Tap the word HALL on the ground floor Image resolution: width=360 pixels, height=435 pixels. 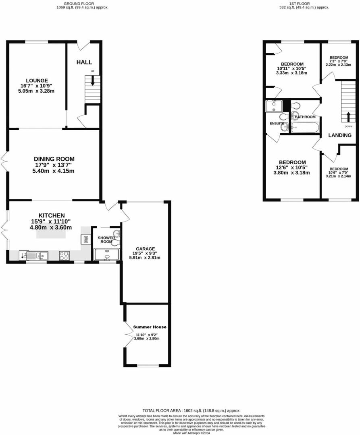[84, 62]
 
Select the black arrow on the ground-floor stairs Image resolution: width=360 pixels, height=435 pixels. [93, 80]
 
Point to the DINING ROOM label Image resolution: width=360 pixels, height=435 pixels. [54, 159]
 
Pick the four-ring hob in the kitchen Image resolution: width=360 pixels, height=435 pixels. [65, 255]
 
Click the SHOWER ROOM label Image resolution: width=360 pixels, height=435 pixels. [106, 240]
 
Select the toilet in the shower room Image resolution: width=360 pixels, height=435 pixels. [116, 243]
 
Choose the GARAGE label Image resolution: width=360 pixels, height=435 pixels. [145, 249]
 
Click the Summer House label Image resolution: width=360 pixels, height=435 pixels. [150, 327]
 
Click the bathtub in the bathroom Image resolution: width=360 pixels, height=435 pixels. [305, 128]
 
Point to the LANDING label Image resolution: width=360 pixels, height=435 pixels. [339, 135]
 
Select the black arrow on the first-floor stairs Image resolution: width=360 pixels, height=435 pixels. [347, 116]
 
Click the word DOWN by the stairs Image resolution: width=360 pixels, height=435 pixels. [348, 126]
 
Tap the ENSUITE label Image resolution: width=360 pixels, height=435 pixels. [277, 123]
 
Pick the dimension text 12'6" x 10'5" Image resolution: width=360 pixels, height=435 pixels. [291, 168]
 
